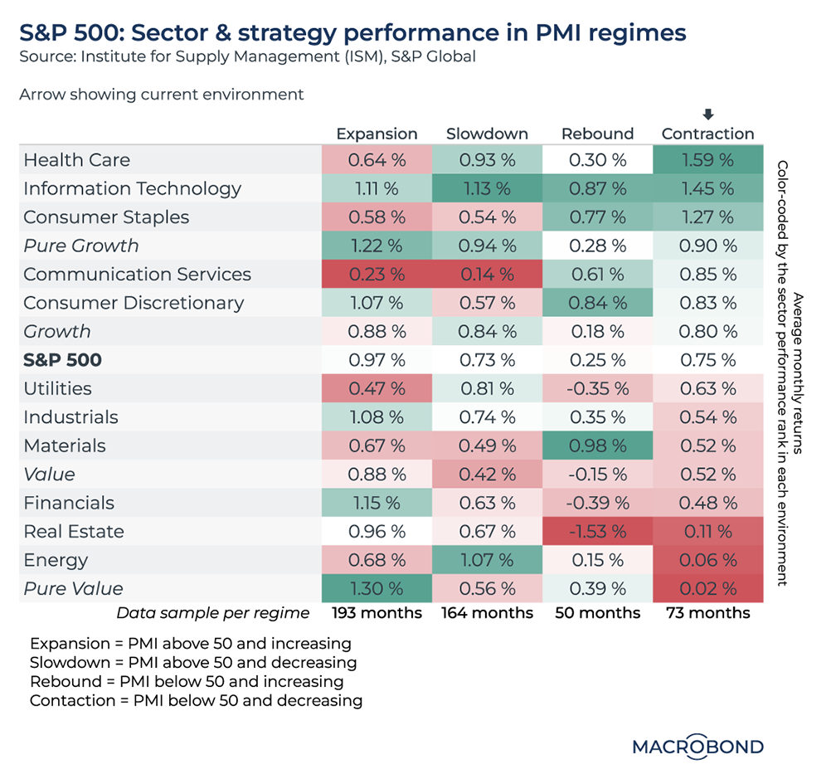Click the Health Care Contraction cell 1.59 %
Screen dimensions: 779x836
point(707,160)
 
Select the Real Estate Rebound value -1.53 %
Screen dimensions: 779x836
point(597,532)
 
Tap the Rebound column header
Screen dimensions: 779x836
point(597,134)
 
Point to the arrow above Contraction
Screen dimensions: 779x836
point(707,114)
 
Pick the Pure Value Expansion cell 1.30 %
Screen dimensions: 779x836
point(377,589)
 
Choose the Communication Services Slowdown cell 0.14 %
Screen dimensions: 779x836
point(487,275)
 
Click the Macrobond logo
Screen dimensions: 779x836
point(697,747)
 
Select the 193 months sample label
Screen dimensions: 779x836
point(377,614)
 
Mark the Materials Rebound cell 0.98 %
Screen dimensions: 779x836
point(597,446)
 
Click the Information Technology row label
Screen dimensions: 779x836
point(132,188)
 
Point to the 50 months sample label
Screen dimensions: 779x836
point(597,614)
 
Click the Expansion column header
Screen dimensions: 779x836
point(377,134)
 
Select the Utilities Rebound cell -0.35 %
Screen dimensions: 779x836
point(597,389)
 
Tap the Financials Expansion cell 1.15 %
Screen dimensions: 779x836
point(377,504)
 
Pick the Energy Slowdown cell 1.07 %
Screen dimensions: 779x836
point(487,561)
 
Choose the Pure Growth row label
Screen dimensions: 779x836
point(81,246)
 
